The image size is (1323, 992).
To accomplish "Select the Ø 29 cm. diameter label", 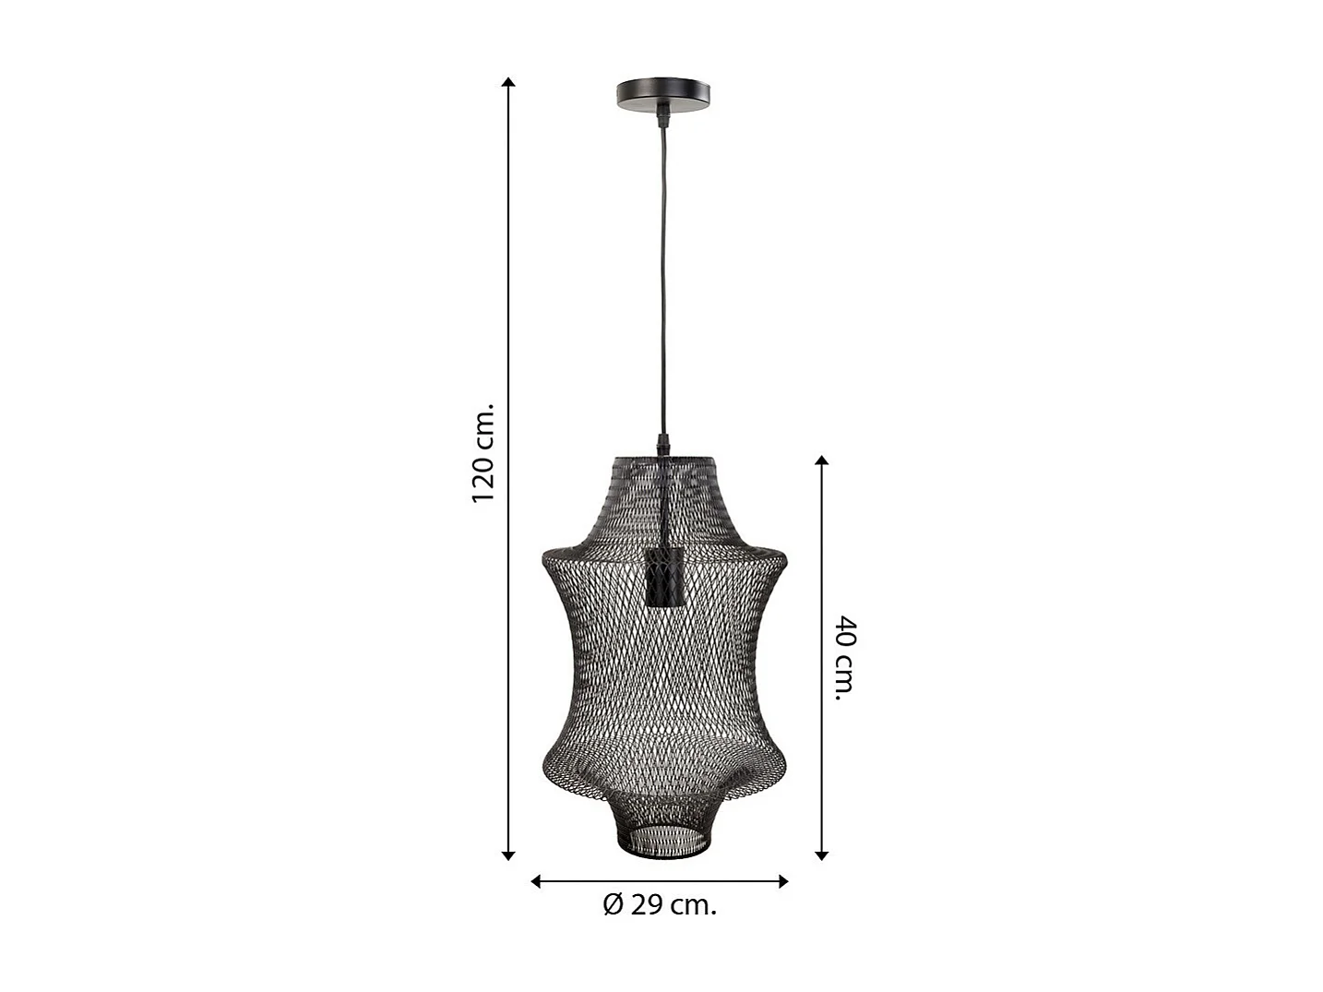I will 660,905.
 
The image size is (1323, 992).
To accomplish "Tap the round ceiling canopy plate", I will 664,94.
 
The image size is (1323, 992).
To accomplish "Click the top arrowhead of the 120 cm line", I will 507,82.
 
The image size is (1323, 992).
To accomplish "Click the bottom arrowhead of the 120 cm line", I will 507,855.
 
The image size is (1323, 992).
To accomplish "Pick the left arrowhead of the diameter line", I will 536,881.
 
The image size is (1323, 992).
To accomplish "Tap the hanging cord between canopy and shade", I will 662,277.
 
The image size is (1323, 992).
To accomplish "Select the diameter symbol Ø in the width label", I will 614,905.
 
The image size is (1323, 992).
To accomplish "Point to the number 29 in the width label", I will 648,905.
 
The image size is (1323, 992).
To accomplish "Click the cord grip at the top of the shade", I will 662,445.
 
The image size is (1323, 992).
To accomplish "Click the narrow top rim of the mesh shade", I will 663,458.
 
